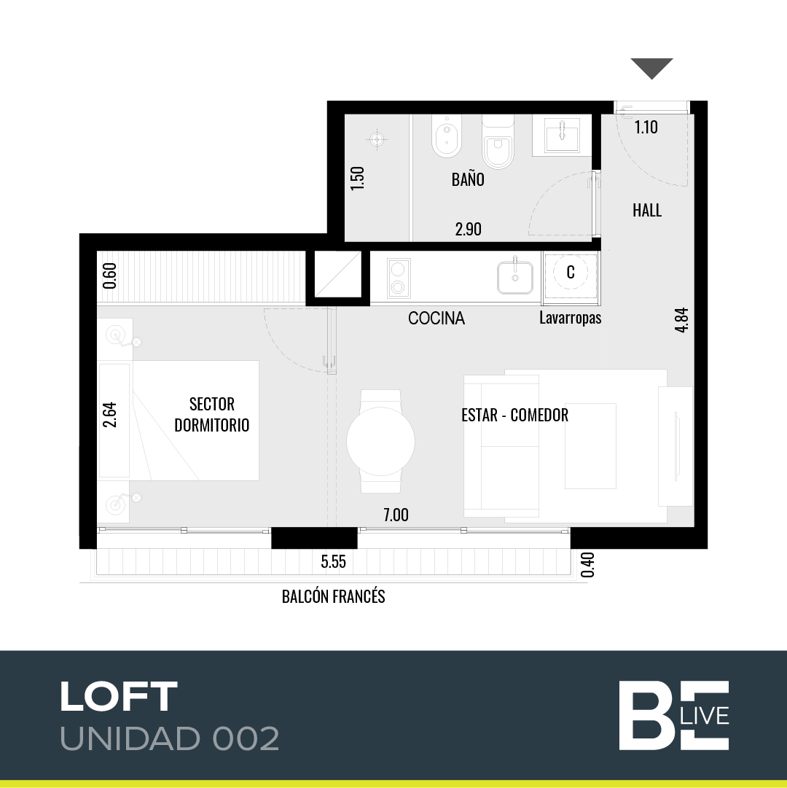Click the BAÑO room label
(468, 179)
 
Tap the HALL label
(647, 210)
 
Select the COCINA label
(436, 318)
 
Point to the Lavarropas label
(570, 318)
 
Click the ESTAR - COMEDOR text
(514, 415)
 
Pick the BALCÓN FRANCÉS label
(334, 596)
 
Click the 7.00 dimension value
(396, 515)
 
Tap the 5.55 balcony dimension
(334, 561)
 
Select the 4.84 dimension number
(681, 320)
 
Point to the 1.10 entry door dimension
(646, 127)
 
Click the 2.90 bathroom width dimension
(468, 229)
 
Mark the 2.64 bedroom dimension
(109, 415)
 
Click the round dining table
(380, 441)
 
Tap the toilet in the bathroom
(498, 141)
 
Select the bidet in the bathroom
(447, 136)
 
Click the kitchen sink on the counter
(514, 276)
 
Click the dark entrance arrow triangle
(652, 68)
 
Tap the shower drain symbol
(377, 139)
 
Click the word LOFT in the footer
(119, 697)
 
